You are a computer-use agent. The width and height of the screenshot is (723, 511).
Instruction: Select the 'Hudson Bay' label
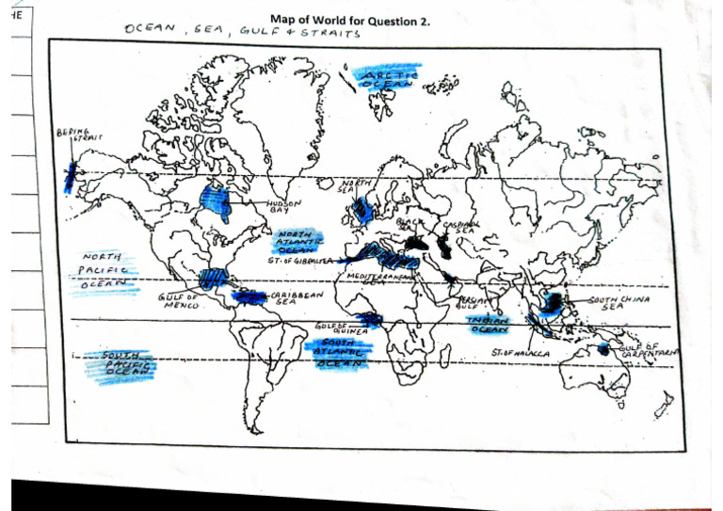284,205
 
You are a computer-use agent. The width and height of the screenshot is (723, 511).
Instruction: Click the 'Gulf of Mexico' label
175,301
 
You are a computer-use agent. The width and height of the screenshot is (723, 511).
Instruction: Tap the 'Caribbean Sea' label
298,298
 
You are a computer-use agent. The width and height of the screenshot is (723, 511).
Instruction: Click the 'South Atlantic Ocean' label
338,352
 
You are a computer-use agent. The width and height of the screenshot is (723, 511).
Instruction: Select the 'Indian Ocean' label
489,325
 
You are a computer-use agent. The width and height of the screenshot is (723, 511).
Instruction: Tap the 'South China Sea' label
619,302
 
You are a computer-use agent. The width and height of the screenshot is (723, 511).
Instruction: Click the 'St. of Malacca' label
521,353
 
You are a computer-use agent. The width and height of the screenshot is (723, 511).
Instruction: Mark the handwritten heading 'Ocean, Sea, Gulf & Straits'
241,32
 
